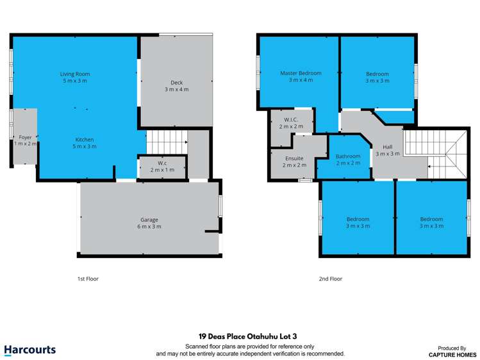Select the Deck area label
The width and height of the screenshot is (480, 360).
(176, 82)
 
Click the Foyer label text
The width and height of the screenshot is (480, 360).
(25, 137)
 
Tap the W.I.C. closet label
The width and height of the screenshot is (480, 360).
(290, 119)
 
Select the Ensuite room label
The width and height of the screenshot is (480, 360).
(294, 158)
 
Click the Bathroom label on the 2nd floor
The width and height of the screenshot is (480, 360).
(348, 156)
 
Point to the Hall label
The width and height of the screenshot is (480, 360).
(387, 146)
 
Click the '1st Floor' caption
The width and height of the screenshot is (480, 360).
(88, 279)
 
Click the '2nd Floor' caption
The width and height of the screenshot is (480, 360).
(331, 279)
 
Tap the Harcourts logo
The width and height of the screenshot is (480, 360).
(30, 350)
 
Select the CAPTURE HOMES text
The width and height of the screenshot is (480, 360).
(453, 354)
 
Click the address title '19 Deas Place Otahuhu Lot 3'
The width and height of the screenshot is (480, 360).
(240, 335)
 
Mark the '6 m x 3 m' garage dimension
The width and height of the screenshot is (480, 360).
(149, 227)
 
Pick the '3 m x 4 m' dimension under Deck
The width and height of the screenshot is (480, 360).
(176, 89)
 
